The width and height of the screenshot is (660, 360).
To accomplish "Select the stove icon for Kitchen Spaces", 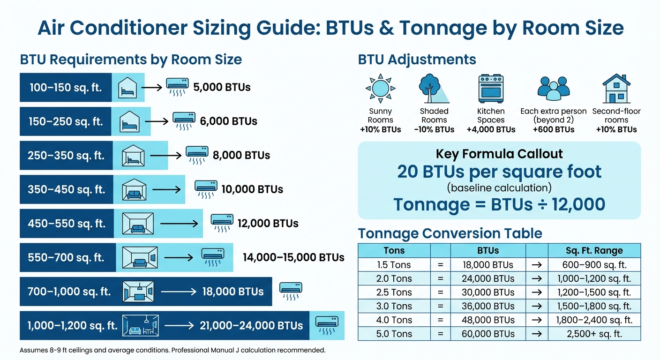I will point(491,89).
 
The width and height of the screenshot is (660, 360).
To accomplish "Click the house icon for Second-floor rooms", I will point(616,88).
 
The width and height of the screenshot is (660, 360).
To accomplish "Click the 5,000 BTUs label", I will point(222,87).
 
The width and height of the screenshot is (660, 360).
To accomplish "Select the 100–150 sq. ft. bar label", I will point(66,88).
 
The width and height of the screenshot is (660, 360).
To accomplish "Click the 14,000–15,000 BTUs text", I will point(293,257).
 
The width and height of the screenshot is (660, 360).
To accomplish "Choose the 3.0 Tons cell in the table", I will point(394,306).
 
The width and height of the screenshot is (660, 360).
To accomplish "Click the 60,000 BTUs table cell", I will point(488,334).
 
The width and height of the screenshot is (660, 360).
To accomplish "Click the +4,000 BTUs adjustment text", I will point(491,129).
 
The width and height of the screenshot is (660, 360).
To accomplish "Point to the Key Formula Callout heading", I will point(499,154).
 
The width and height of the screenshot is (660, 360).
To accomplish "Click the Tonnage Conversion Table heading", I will point(450,233).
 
